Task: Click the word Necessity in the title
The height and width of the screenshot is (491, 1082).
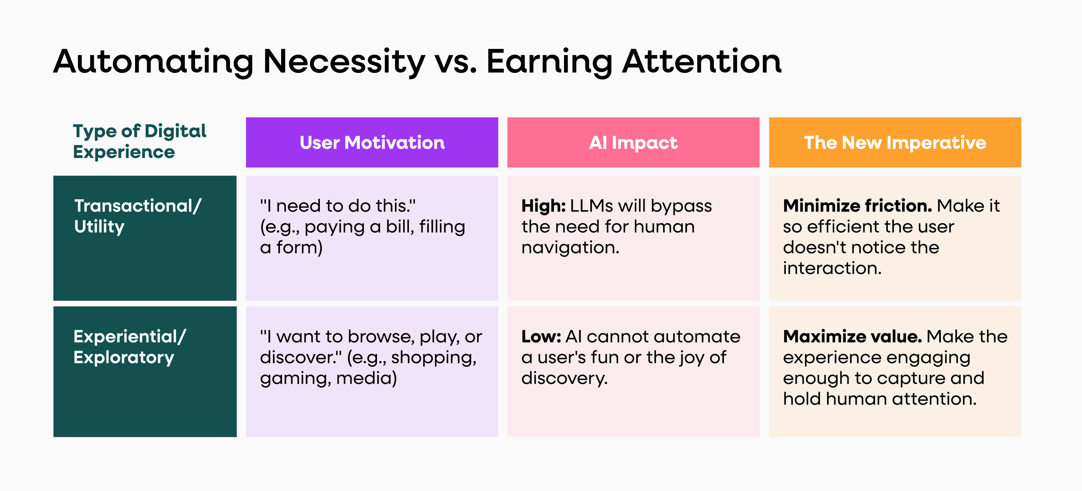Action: pos(344,62)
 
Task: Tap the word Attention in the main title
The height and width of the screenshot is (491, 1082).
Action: pos(701,62)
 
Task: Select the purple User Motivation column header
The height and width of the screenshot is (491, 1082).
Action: pos(372,143)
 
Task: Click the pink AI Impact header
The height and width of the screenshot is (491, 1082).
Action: pos(633,143)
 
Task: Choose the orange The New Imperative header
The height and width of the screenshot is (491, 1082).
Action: pos(895,143)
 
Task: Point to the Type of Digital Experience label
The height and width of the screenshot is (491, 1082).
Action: pos(140,141)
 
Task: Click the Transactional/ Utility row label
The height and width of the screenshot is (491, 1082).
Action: pos(138,216)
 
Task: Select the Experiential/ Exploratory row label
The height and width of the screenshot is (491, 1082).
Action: pos(129,347)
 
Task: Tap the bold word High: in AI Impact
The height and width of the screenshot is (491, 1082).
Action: pos(543,206)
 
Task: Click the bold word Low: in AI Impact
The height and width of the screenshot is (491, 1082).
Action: pos(541,337)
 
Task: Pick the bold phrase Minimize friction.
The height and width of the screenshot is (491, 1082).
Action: pos(857,206)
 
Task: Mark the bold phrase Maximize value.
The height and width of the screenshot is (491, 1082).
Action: pos(852,337)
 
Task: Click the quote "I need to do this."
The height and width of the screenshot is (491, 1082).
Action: pos(338,206)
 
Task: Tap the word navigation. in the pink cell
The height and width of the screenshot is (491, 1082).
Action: pos(570,248)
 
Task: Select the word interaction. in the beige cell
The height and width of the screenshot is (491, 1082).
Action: pos(832,268)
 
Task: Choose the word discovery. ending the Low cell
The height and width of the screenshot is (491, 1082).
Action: pos(564,379)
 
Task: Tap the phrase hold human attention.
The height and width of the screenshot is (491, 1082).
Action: pos(880,399)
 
